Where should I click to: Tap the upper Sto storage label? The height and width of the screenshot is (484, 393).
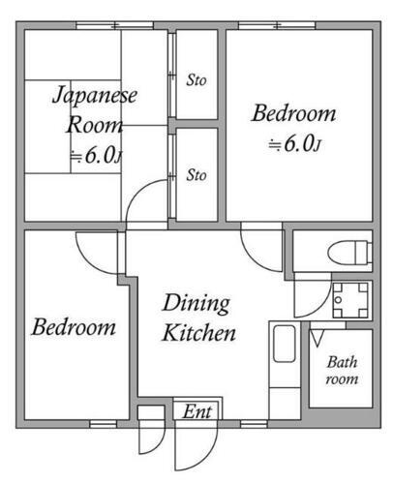tap(196, 79)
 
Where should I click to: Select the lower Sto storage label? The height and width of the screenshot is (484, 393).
tap(196, 175)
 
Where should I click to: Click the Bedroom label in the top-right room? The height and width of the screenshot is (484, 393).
tap(295, 114)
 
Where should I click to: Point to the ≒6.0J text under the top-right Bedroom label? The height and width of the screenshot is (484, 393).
tap(294, 145)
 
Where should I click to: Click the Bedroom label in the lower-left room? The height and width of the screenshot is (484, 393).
tap(74, 326)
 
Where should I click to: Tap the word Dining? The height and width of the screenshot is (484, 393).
tap(195, 303)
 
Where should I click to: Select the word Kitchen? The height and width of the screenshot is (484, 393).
tap(197, 335)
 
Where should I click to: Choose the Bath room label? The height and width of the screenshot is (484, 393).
tap(342, 371)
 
